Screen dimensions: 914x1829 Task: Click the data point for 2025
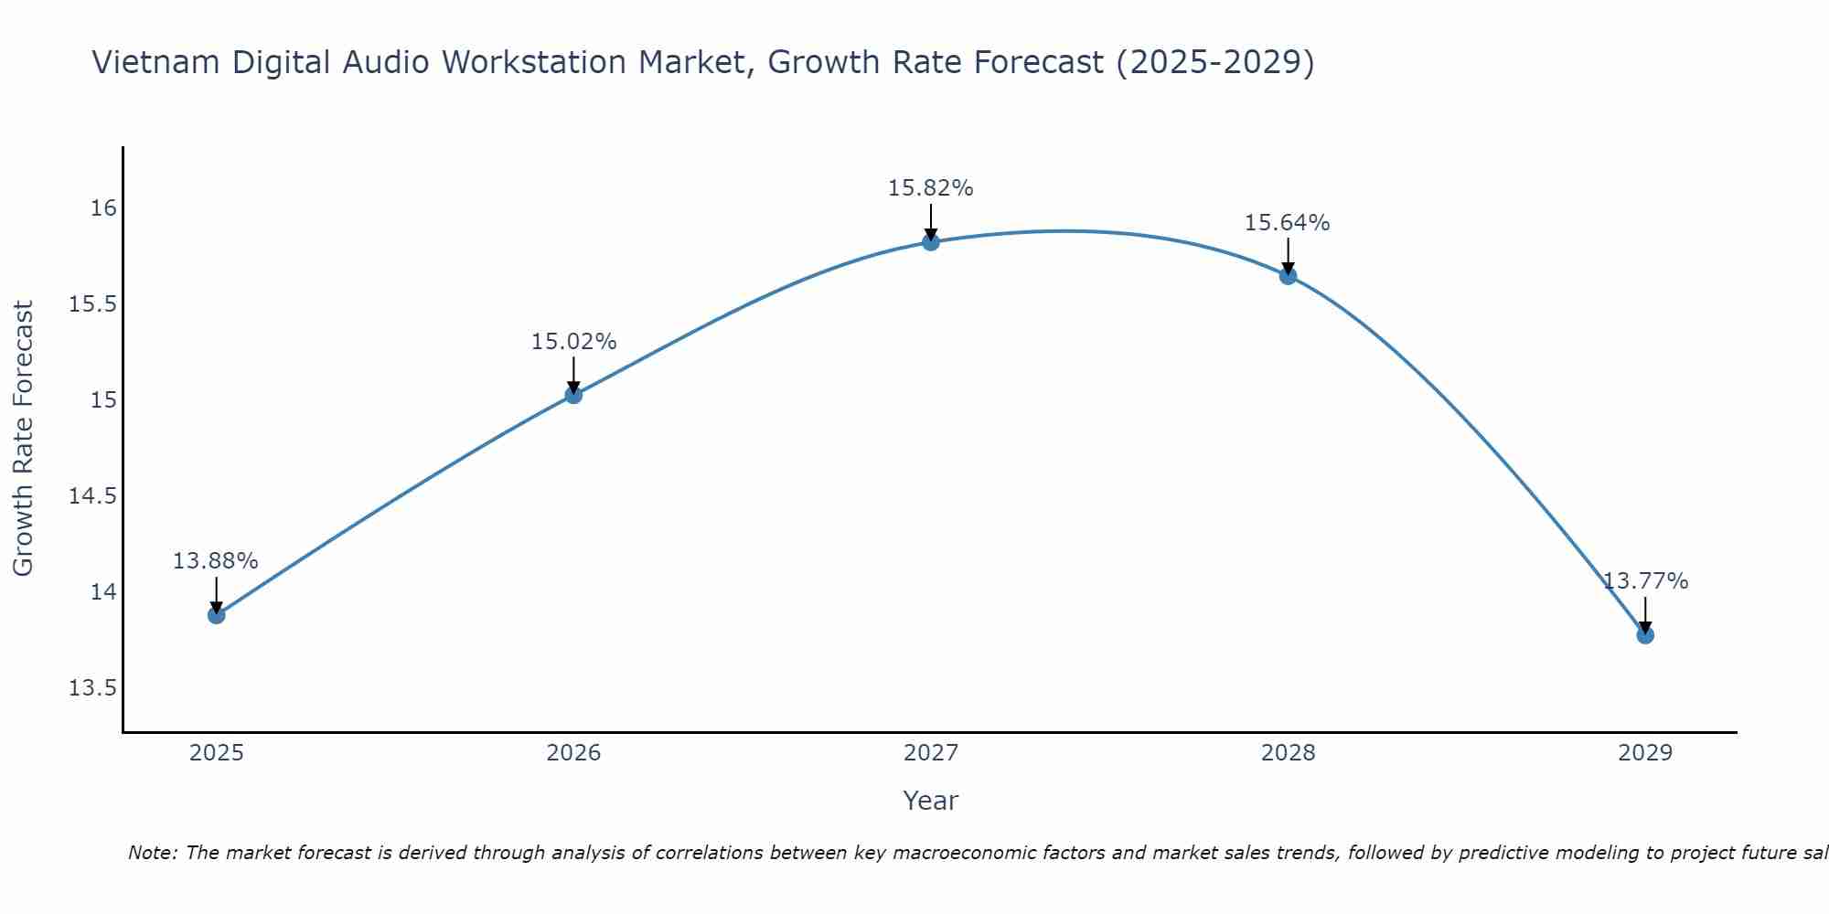point(216,615)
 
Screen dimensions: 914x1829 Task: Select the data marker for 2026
point(573,395)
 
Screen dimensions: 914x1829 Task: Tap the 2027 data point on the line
point(931,242)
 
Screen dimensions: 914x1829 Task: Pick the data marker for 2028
point(1288,276)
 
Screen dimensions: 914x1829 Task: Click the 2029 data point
point(1645,635)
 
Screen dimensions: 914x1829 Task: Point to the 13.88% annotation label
point(216,561)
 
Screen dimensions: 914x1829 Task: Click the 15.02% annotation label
point(573,342)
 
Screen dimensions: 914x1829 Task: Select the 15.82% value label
point(931,188)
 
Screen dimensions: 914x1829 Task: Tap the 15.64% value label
point(1288,223)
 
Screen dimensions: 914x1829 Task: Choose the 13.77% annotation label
point(1645,581)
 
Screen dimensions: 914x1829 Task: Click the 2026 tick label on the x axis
point(573,753)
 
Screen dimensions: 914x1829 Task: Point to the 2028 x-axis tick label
point(1288,753)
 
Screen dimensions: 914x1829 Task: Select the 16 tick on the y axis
point(103,208)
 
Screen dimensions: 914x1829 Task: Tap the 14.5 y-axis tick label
point(92,496)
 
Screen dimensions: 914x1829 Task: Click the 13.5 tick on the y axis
point(92,688)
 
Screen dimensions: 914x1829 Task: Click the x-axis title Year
point(930,801)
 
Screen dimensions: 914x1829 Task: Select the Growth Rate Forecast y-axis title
point(24,438)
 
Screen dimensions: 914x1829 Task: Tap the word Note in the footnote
point(151,853)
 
